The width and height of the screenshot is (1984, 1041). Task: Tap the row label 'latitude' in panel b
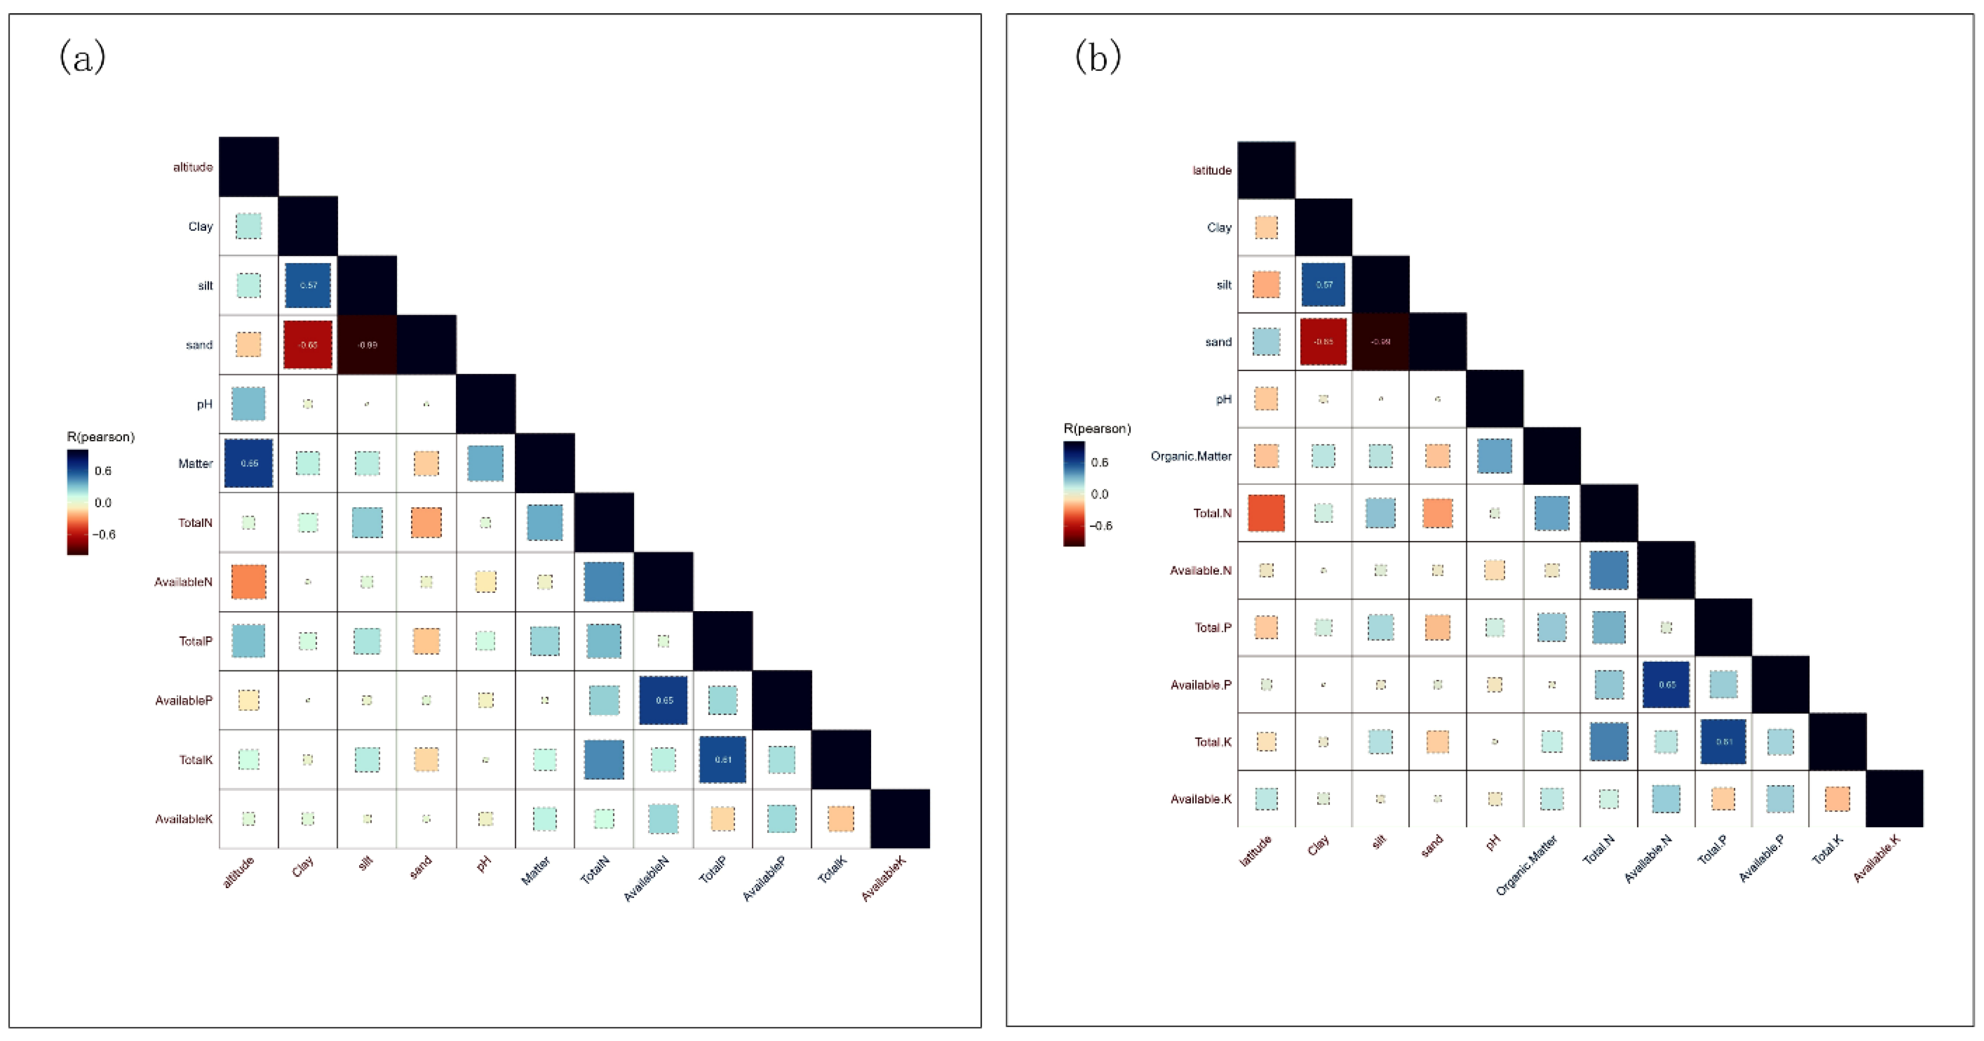tap(1212, 170)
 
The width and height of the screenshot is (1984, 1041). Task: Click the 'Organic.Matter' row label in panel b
tap(1191, 456)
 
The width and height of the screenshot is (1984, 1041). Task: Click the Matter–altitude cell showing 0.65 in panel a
tap(249, 463)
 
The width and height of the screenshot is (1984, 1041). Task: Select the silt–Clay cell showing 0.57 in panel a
tap(308, 285)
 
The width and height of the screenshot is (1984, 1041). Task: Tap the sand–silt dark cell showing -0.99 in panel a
tap(367, 344)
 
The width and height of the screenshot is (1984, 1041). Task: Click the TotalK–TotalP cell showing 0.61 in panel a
tap(722, 760)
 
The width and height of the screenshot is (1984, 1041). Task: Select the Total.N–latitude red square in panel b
tap(1266, 513)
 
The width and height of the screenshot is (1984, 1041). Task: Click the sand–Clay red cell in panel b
tap(1323, 342)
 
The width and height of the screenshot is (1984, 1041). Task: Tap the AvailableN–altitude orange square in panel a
tap(249, 582)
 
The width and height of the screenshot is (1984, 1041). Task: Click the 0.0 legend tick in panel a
tap(102, 502)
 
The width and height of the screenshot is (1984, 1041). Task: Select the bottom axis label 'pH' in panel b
tap(1492, 844)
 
